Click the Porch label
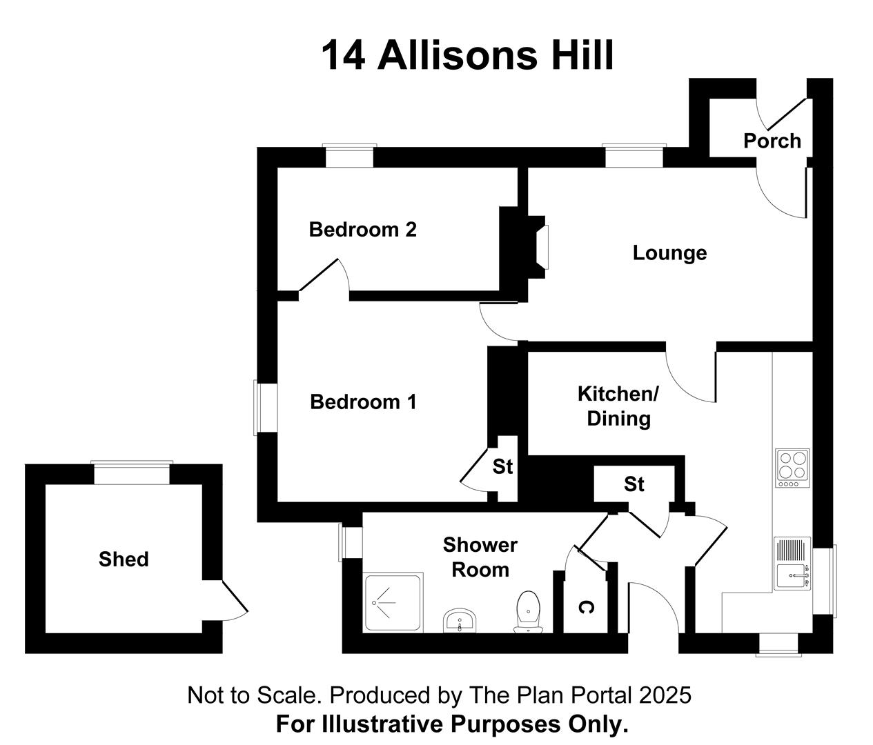(772, 141)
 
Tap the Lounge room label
(669, 253)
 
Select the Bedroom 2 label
(363, 230)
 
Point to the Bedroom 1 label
(363, 402)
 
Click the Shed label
(124, 559)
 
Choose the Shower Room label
(480, 557)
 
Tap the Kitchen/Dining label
(618, 406)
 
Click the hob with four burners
(793, 468)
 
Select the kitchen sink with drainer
(792, 563)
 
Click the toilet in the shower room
(528, 612)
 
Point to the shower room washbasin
(460, 621)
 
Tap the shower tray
(393, 602)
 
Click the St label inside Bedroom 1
(502, 467)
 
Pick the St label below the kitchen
(634, 484)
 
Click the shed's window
(132, 473)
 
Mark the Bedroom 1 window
(265, 407)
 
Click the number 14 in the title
(343, 55)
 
